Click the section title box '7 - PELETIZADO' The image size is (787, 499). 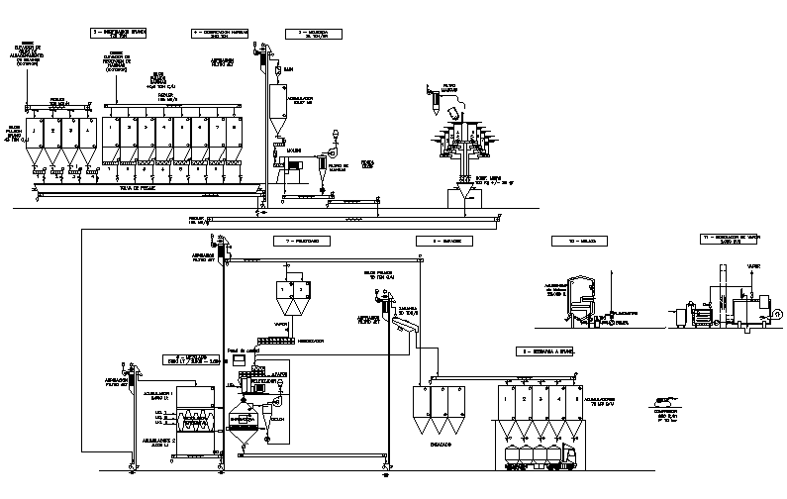(x=302, y=241)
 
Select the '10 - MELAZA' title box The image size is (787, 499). (x=573, y=241)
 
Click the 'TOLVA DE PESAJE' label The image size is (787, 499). (x=139, y=185)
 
